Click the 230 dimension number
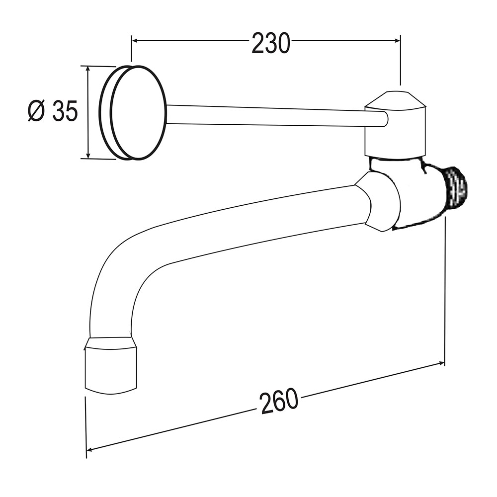pos(270,43)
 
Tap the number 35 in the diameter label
pos(65,111)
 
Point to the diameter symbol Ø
pos(37,111)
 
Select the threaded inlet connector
pos(455,188)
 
